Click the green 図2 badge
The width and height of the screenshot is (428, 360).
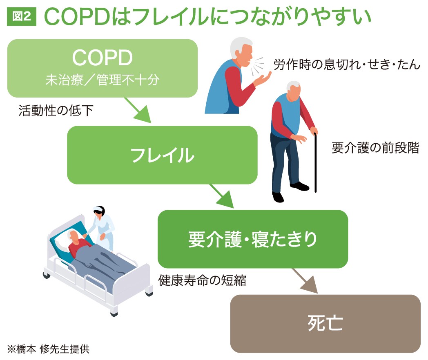tap(22, 17)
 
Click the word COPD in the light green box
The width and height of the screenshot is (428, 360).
tap(103, 58)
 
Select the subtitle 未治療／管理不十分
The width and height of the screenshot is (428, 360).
tap(103, 80)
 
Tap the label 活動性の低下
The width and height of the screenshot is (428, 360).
tap(56, 111)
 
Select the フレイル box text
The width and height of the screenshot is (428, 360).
tap(163, 155)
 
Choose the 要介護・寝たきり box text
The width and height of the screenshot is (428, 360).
tap(253, 239)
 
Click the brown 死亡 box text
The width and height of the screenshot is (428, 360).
tap(325, 323)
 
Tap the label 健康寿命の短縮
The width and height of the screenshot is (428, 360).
tap(202, 280)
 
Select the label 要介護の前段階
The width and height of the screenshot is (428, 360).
tap(375, 148)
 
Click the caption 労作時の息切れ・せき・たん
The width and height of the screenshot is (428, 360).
tap(347, 64)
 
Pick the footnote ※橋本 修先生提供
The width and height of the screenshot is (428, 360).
tap(48, 349)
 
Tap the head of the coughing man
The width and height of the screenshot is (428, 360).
tap(242, 52)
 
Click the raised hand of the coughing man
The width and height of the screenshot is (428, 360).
tap(263, 79)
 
